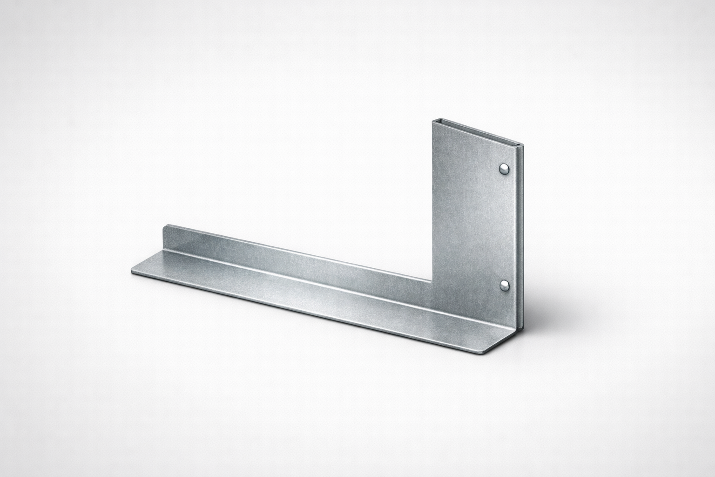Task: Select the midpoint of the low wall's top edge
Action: (298, 252)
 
